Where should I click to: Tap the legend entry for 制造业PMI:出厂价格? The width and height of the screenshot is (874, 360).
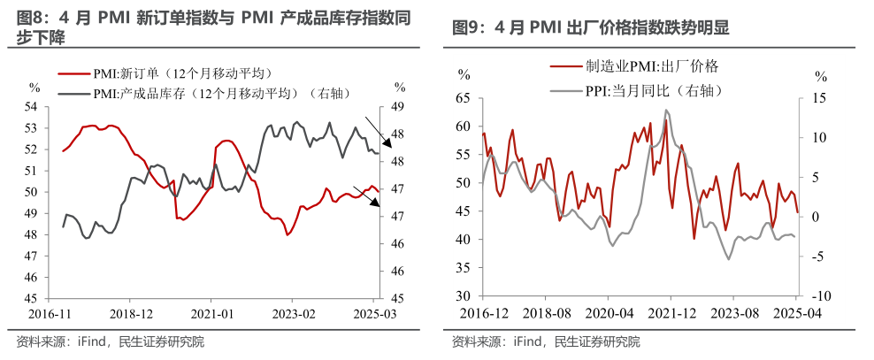647,66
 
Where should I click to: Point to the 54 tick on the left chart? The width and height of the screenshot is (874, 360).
32,107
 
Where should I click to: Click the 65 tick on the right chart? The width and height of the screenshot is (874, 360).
465,98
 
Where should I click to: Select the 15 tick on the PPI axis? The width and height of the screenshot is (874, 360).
819,98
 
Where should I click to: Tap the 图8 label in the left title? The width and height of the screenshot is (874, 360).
32,19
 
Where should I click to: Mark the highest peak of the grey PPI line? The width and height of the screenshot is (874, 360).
666,110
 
